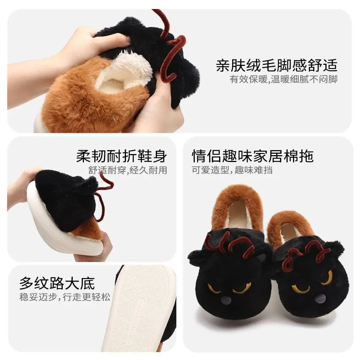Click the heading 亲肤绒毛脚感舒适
(276, 66)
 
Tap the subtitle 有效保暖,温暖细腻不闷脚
(283, 80)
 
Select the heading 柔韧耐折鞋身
(121, 156)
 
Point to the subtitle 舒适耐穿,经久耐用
(128, 170)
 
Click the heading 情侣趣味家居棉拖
(252, 156)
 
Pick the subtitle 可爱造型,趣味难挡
(232, 170)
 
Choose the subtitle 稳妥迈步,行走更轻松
(65, 298)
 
